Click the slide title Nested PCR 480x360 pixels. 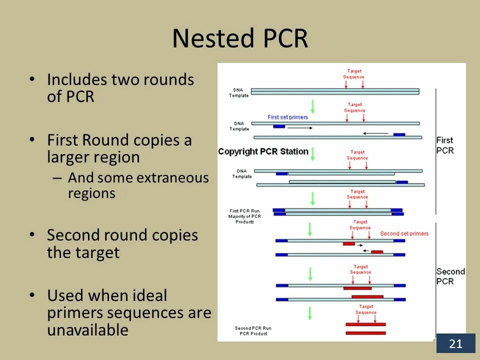pyautogui.click(x=240, y=38)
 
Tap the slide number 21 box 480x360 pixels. pyautogui.click(x=455, y=343)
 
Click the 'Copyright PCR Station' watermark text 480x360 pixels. pyautogui.click(x=263, y=151)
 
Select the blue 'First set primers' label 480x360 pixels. pyautogui.click(x=287, y=117)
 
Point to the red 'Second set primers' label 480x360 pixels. pyautogui.click(x=404, y=233)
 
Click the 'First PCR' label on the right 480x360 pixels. pyautogui.click(x=444, y=145)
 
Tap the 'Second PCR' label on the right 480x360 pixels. pyautogui.click(x=450, y=276)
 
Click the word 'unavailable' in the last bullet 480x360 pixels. pyautogui.click(x=88, y=330)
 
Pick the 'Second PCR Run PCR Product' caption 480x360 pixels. pyautogui.click(x=250, y=330)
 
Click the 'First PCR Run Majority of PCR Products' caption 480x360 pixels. pyautogui.click(x=245, y=216)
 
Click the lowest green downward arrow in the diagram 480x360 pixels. pyautogui.click(x=310, y=312)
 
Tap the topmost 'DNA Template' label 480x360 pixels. pyautogui.click(x=238, y=92)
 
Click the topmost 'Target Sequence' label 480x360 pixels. pyautogui.click(x=353, y=74)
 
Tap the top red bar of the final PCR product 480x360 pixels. pyautogui.click(x=365, y=324)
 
